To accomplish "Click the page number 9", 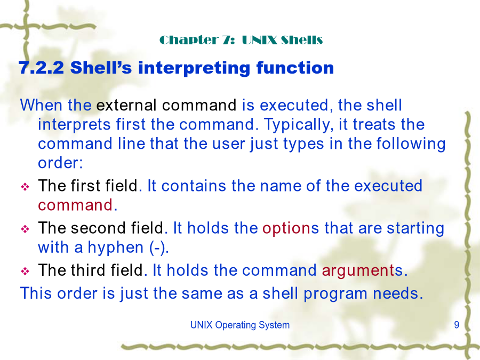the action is pos(457,325).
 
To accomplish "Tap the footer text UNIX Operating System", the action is pos(239,325).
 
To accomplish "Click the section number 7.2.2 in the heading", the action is pos(41,68).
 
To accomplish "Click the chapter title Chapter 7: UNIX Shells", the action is pos(241,40).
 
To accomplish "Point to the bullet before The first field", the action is pos(25,187).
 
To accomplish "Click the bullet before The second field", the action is pos(25,229).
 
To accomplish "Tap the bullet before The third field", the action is pos(25,271).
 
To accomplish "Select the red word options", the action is pos(286,229).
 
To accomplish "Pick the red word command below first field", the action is pos(75,205).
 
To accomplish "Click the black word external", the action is pos(126,105).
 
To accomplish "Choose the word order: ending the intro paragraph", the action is pos(60,163).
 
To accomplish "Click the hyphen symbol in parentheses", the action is pos(158,248).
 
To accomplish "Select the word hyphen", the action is pos(115,248).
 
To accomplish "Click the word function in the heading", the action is pos(295,68).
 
